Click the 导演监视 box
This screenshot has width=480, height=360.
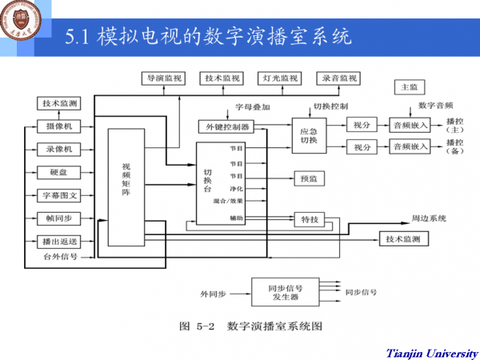[164, 78]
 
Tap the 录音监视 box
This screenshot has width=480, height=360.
[339, 78]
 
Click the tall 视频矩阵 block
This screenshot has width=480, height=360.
[125, 180]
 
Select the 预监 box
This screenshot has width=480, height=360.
[310, 178]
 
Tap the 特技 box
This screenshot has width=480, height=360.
[310, 218]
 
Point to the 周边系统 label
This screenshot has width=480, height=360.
[428, 218]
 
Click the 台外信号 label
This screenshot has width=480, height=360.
[59, 257]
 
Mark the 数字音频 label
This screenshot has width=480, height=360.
[435, 105]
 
